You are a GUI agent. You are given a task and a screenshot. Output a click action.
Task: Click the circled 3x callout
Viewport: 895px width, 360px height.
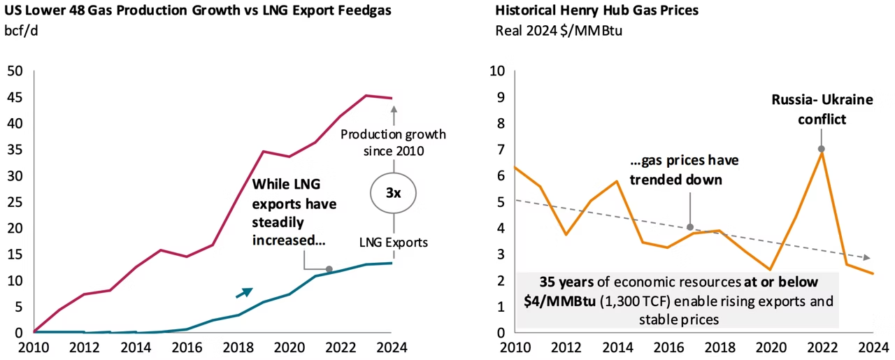(x=394, y=193)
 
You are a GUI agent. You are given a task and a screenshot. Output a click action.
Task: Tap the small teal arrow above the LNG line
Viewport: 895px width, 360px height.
(x=243, y=292)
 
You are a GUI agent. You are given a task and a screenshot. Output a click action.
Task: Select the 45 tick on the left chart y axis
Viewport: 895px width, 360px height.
(x=14, y=97)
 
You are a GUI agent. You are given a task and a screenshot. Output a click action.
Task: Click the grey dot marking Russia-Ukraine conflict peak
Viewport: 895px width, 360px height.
(x=821, y=149)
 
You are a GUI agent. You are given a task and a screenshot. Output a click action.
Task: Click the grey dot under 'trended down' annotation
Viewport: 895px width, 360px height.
(x=690, y=227)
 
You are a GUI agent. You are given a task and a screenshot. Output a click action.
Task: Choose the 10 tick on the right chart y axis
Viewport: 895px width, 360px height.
(x=496, y=71)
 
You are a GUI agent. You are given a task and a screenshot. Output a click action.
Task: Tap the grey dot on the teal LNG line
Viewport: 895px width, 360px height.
(x=329, y=269)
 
